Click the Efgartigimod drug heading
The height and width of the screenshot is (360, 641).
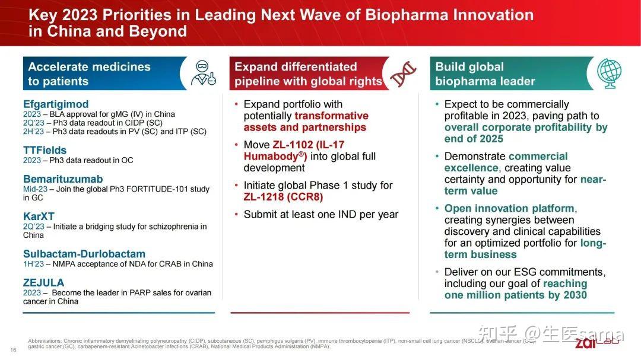[x=56, y=104]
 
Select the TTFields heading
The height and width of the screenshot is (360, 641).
[x=45, y=150]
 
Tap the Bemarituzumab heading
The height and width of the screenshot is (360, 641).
[x=63, y=179]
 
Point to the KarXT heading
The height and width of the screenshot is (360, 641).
[x=39, y=216]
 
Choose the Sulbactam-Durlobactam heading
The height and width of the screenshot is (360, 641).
[x=84, y=254]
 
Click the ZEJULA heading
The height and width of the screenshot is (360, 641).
[x=43, y=283]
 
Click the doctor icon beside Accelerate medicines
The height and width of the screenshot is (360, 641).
[x=203, y=74]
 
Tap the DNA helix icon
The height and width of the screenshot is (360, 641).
[x=404, y=74]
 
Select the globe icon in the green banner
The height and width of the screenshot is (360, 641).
[x=609, y=74]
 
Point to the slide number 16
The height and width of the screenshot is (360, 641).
[x=13, y=349]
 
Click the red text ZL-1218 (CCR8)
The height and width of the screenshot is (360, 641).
[x=283, y=197]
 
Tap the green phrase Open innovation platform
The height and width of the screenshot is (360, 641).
[x=509, y=208]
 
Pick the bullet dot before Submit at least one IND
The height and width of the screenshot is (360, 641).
[x=237, y=215]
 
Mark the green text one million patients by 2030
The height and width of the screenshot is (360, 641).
[x=515, y=295]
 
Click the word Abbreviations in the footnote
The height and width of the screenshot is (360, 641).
[x=45, y=341]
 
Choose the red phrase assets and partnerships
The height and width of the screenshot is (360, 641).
[x=304, y=127]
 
